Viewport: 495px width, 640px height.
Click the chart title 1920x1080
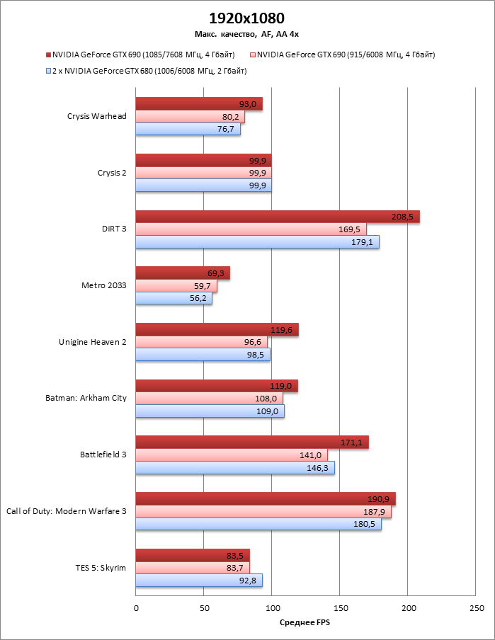pyautogui.click(x=247, y=18)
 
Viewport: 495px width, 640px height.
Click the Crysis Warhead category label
pyautogui.click(x=97, y=116)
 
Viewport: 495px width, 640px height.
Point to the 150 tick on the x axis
pyautogui.click(x=340, y=608)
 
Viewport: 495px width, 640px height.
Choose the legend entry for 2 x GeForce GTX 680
pyautogui.click(x=150, y=71)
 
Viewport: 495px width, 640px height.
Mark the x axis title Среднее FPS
pyautogui.click(x=305, y=622)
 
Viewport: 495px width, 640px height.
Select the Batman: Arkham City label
pyautogui.click(x=86, y=398)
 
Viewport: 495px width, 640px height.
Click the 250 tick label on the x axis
pyautogui.click(x=476, y=608)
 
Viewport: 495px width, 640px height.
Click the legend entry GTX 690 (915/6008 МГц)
pyautogui.click(x=346, y=54)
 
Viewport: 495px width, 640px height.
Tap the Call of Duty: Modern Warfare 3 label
pyautogui.click(x=67, y=510)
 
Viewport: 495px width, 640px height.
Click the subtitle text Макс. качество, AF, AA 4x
pyautogui.click(x=247, y=33)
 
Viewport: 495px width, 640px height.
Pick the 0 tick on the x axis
pyautogui.click(x=136, y=608)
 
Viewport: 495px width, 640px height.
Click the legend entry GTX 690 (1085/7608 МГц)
pyautogui.click(x=144, y=54)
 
